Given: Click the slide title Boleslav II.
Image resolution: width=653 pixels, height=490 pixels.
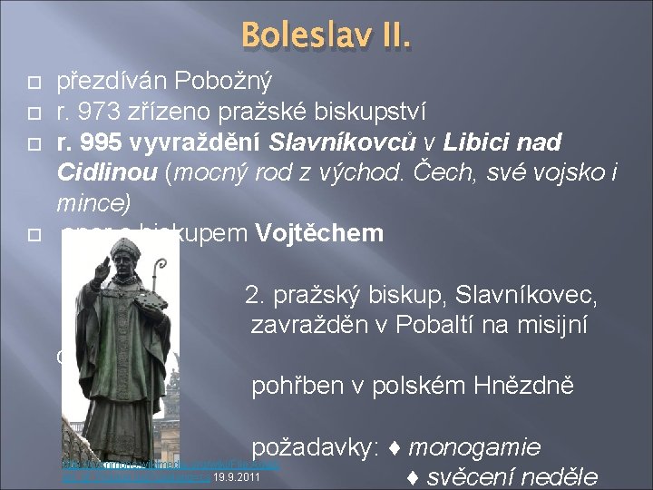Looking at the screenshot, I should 326,38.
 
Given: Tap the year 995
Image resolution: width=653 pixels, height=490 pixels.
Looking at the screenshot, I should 101,142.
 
